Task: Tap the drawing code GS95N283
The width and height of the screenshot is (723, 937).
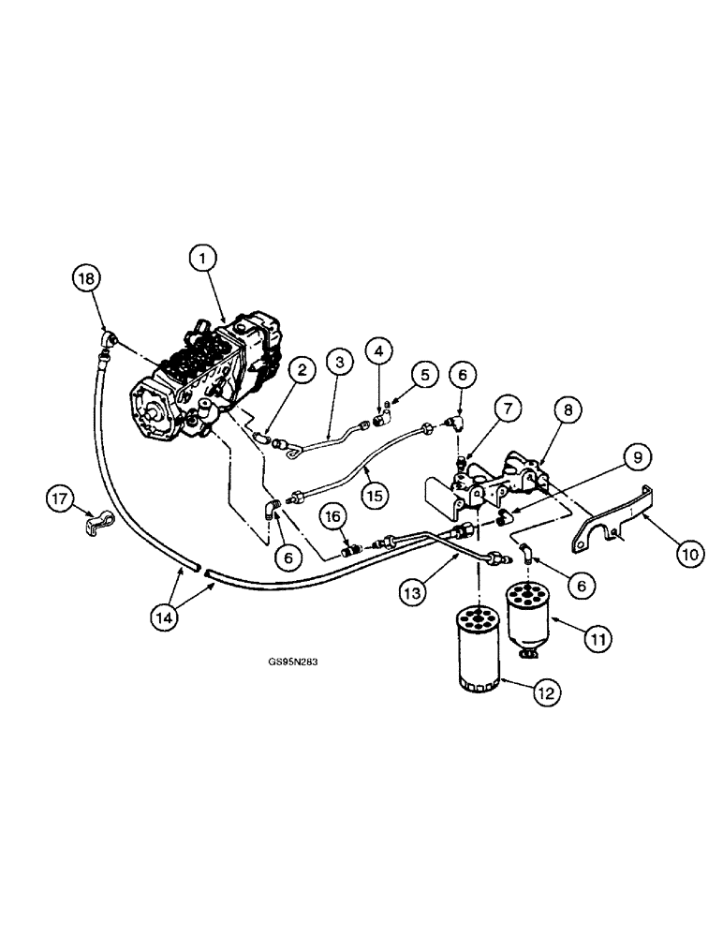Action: point(294,659)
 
